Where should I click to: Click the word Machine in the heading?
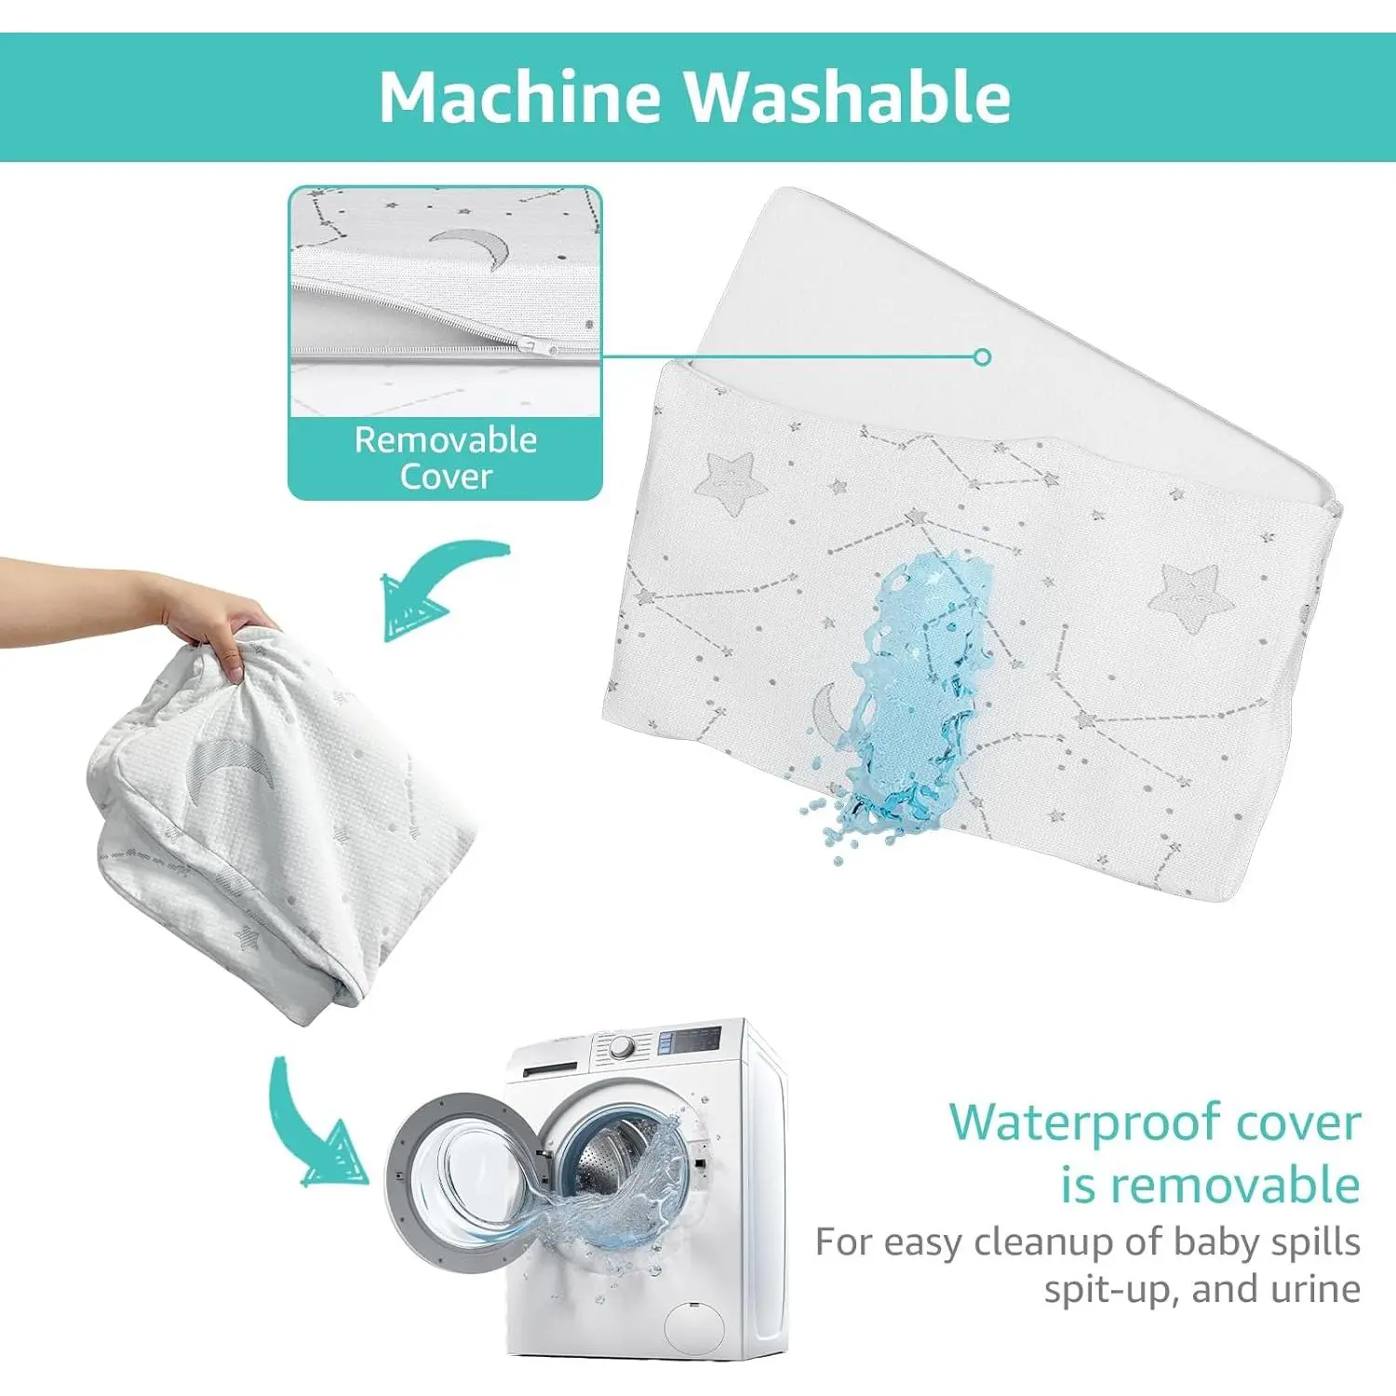tap(520, 97)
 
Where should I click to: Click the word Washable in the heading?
tap(848, 97)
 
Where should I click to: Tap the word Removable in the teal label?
tap(446, 439)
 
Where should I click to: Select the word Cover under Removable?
tap(446, 477)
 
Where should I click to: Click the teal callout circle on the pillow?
tap(982, 356)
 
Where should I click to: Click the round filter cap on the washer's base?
tap(695, 1326)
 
